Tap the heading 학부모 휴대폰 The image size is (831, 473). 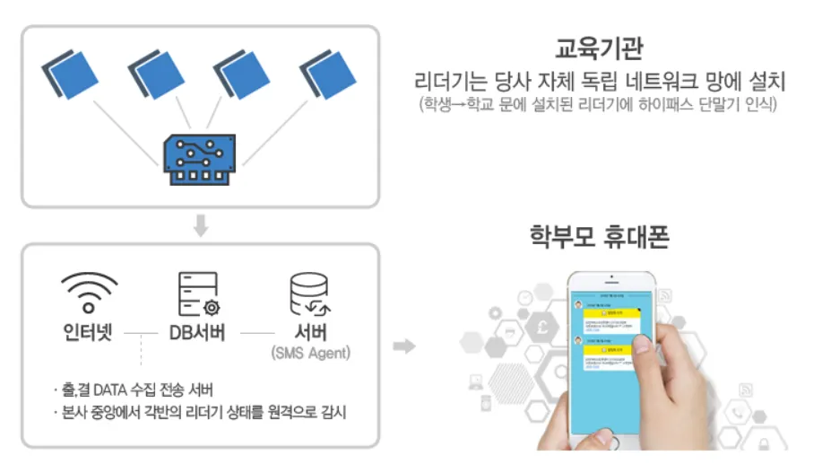click(600, 237)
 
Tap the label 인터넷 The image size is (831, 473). click(89, 332)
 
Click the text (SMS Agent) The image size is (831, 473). click(310, 354)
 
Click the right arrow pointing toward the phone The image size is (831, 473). click(405, 346)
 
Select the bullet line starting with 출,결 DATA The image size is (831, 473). click(139, 390)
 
